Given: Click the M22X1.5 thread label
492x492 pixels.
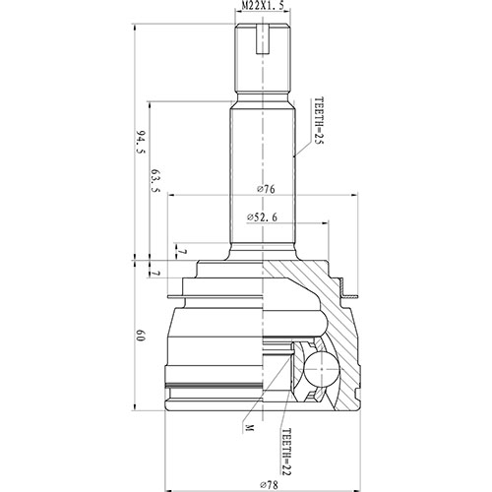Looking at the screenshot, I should (264, 7).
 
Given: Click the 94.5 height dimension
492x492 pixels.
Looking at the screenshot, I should (141, 144).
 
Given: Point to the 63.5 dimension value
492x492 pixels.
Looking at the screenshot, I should (155, 184).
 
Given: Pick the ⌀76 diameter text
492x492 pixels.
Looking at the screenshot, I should (264, 190).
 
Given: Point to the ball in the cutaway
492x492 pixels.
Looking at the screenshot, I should (321, 371).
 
